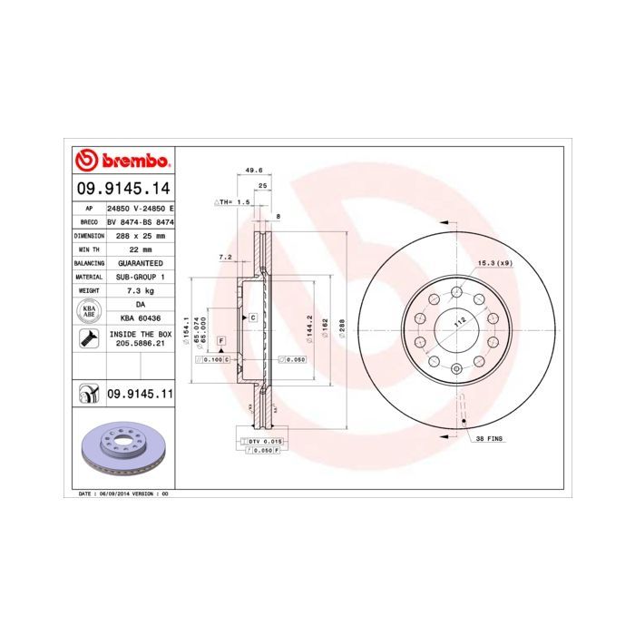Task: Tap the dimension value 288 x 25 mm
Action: [x=140, y=234]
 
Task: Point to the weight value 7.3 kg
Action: [x=140, y=290]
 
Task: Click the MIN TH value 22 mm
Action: [x=140, y=249]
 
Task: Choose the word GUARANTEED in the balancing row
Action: [x=140, y=262]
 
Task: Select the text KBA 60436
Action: [x=140, y=318]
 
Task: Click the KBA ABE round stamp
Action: [x=88, y=311]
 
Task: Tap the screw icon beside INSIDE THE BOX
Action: [x=88, y=339]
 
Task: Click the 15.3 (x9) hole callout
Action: [x=495, y=263]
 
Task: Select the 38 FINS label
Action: [x=490, y=438]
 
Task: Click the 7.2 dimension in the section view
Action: [x=227, y=257]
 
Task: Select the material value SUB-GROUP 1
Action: [x=140, y=276]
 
